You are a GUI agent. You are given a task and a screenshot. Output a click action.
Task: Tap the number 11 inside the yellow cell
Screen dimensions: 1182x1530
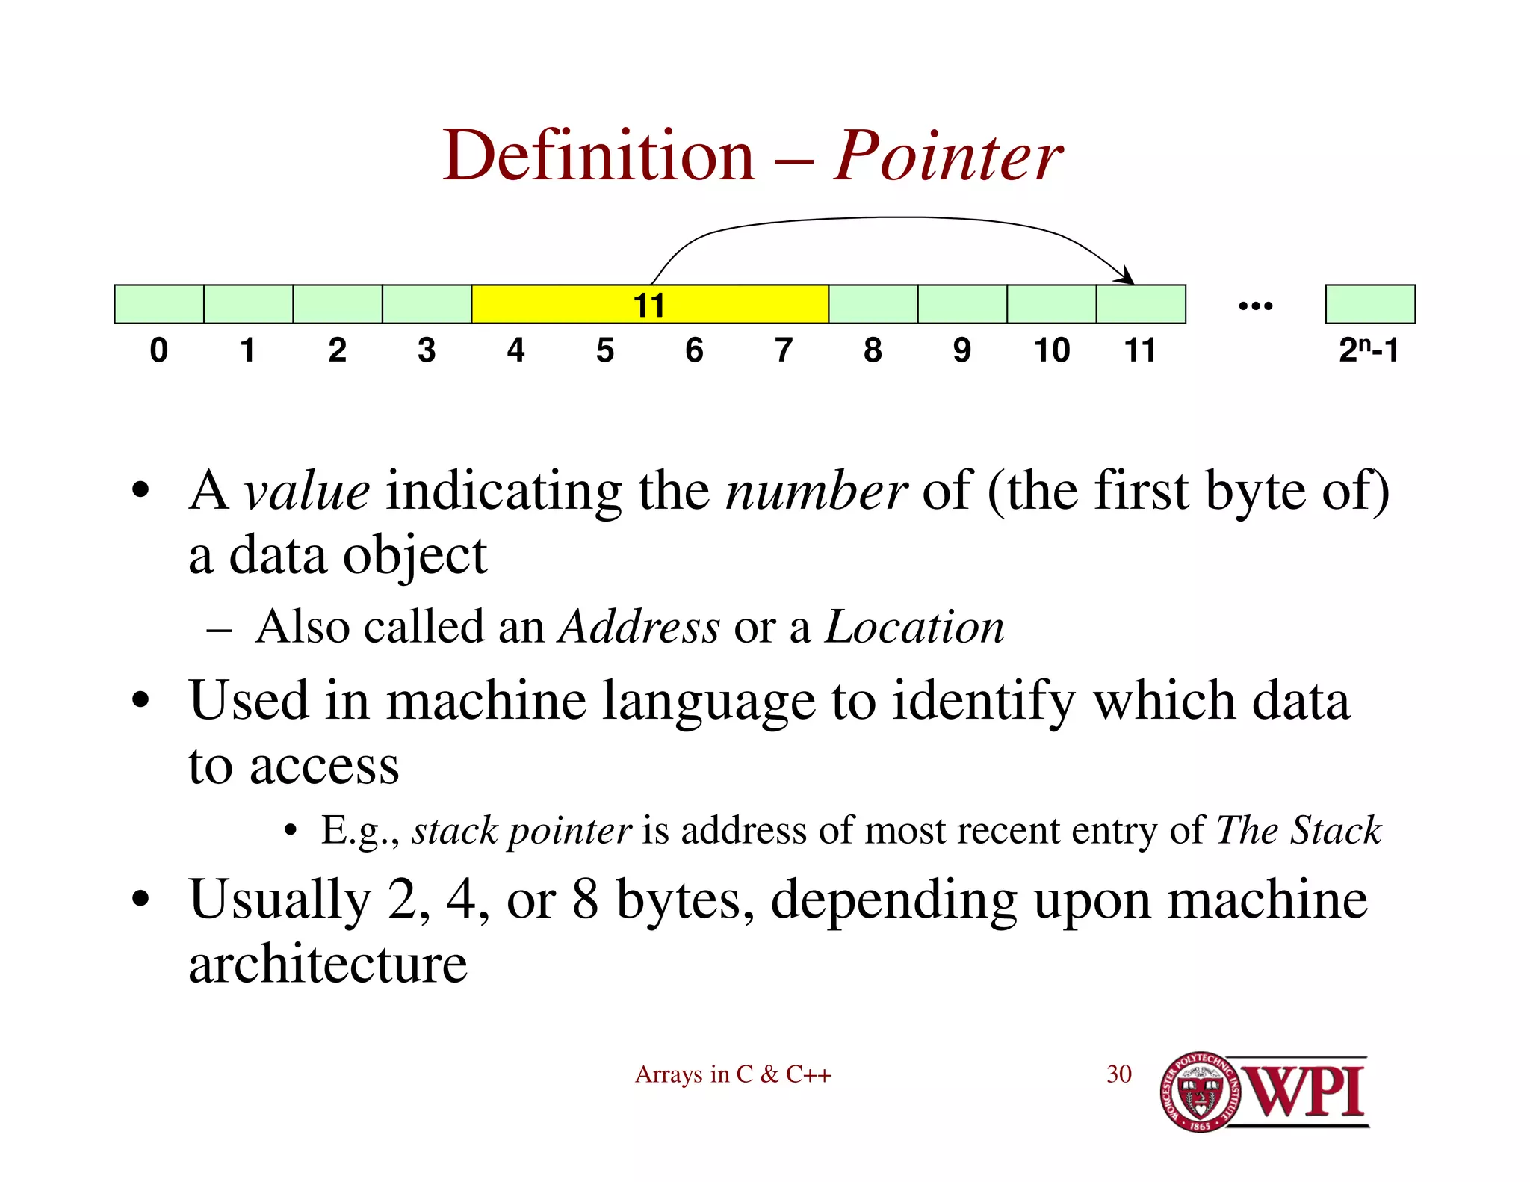tap(648, 305)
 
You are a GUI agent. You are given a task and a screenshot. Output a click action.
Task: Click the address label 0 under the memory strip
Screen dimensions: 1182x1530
tap(158, 350)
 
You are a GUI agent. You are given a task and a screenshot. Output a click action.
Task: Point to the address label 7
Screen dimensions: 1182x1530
tap(783, 350)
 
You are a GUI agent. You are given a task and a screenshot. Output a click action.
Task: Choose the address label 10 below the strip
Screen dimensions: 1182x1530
tap(1051, 350)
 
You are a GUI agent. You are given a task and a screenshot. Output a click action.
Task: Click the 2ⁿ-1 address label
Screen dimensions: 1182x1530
tap(1368, 350)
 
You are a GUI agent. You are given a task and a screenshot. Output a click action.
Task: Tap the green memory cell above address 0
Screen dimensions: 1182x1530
tap(159, 304)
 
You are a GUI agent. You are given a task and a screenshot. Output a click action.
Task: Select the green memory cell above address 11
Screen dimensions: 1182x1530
tap(1141, 304)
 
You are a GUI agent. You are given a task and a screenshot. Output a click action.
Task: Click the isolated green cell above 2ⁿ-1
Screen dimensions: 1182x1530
tap(1370, 304)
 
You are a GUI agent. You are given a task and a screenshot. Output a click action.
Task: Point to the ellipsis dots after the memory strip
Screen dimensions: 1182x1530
tap(1255, 306)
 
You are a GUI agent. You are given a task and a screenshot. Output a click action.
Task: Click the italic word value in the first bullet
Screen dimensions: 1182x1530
tap(306, 492)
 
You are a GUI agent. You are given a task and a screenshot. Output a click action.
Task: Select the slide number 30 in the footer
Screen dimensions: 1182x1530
tap(1118, 1074)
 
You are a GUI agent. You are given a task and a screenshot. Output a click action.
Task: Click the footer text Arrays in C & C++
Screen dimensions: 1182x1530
tap(733, 1074)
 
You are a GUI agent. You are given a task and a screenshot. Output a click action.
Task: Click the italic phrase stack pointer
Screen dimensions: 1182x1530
tap(521, 831)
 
